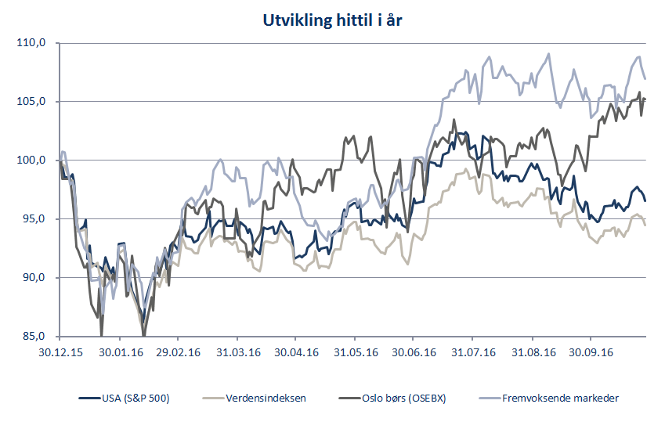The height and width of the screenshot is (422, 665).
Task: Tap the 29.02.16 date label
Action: (x=177, y=352)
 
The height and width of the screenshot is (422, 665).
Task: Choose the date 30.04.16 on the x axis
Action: (x=295, y=352)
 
